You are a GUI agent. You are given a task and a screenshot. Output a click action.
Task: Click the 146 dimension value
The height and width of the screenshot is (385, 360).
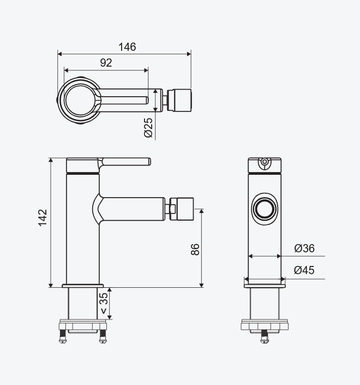click(127, 47)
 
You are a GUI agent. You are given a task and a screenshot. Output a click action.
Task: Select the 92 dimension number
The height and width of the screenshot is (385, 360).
click(106, 63)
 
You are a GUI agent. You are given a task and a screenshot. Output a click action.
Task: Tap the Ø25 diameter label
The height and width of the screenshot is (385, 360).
click(148, 128)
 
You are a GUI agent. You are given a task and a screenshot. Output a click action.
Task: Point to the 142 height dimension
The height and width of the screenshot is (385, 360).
click(43, 217)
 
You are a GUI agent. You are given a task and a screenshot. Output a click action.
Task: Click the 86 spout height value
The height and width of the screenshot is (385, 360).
click(195, 250)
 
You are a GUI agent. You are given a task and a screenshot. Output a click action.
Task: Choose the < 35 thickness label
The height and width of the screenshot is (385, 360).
click(104, 304)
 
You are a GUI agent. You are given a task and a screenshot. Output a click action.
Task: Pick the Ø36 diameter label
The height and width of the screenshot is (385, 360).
click(304, 248)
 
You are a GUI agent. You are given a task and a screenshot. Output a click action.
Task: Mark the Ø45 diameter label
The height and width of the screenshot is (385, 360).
click(304, 270)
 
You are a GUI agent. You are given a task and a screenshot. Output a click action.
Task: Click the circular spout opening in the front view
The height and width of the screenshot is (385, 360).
click(265, 209)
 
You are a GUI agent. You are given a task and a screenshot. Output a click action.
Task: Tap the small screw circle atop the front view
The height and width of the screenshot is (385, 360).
click(265, 162)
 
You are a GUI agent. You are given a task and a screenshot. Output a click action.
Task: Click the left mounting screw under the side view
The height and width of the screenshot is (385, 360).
click(63, 336)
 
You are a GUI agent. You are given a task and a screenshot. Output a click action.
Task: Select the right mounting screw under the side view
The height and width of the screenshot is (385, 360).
click(103, 336)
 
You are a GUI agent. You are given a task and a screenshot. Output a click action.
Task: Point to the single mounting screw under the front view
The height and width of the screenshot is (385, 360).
click(265, 336)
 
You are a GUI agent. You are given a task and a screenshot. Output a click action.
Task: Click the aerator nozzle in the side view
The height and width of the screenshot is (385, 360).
click(182, 209)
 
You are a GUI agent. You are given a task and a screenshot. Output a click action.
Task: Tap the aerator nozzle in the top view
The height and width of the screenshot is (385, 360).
click(179, 100)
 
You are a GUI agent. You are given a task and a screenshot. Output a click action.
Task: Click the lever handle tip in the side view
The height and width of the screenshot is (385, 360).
click(149, 162)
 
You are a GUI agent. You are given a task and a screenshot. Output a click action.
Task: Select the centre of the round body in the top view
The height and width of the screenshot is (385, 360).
click(79, 100)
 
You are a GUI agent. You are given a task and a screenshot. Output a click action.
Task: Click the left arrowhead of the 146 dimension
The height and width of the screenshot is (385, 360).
click(59, 54)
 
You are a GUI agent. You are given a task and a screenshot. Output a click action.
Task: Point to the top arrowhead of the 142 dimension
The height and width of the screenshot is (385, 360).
click(51, 161)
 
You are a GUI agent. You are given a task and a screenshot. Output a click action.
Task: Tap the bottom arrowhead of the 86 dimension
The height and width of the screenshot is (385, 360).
click(201, 285)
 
